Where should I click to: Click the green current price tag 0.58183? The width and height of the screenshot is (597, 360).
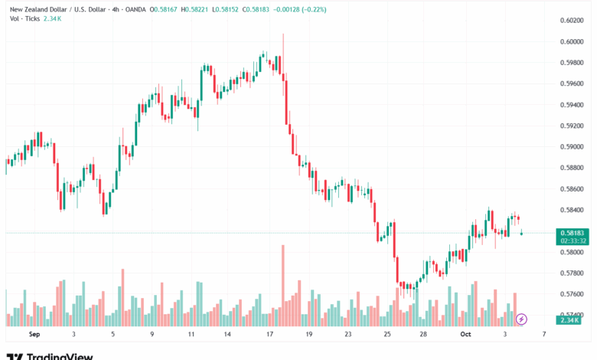click(x=573, y=232)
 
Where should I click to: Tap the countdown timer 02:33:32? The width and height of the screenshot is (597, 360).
click(x=573, y=241)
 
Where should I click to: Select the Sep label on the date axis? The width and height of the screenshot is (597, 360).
click(x=34, y=335)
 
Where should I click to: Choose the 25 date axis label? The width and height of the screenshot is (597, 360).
click(x=387, y=335)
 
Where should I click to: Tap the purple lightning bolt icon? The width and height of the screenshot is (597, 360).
click(x=522, y=319)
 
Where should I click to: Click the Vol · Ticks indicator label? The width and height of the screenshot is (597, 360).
click(x=19, y=17)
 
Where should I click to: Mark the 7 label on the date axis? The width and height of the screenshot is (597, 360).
click(x=543, y=335)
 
